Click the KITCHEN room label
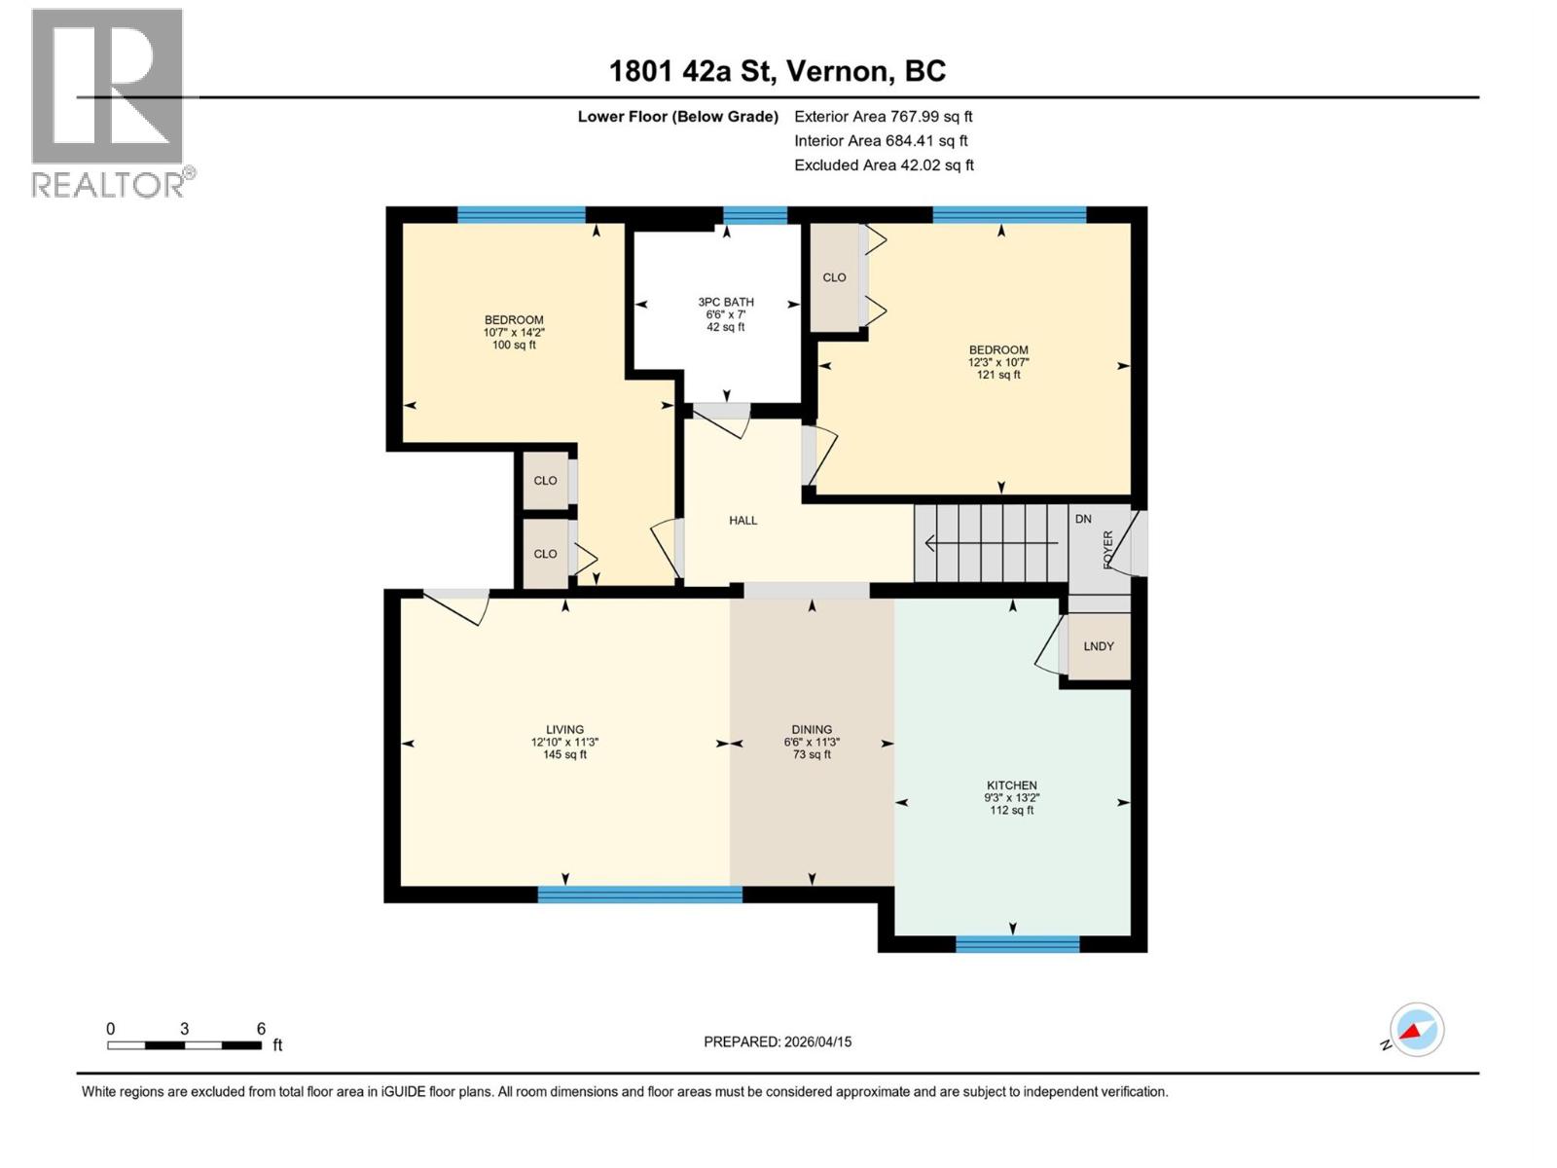pyautogui.click(x=1011, y=785)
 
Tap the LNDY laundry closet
pyautogui.click(x=1099, y=646)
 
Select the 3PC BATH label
pyautogui.click(x=726, y=302)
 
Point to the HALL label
pyautogui.click(x=742, y=521)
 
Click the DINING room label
pyautogui.click(x=812, y=729)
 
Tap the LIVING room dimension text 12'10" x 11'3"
pyautogui.click(x=564, y=742)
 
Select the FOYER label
pyautogui.click(x=1107, y=549)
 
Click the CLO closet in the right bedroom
pyautogui.click(x=834, y=277)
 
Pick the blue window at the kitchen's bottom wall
pyautogui.click(x=1017, y=943)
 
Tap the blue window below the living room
pyautogui.click(x=639, y=894)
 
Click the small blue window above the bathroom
pyautogui.click(x=754, y=215)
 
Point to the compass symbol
pyautogui.click(x=1416, y=1030)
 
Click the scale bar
pyautogui.click(x=184, y=1045)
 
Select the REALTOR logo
pyautogui.click(x=109, y=102)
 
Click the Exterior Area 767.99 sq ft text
pyautogui.click(x=883, y=117)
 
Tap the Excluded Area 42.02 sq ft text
pyautogui.click(x=883, y=165)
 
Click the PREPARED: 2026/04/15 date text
pyautogui.click(x=778, y=1041)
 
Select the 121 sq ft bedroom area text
pyautogui.click(x=998, y=375)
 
